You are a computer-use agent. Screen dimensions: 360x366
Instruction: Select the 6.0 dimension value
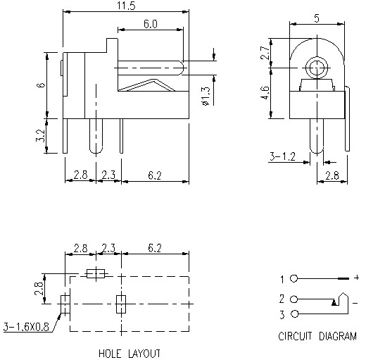click(x=151, y=24)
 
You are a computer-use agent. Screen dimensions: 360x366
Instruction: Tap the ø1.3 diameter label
click(x=204, y=94)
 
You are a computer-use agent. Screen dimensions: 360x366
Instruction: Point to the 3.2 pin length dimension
click(x=41, y=135)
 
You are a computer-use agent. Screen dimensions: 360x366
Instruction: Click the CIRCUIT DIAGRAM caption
click(x=317, y=336)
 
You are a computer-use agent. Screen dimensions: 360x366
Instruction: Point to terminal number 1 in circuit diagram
click(x=282, y=279)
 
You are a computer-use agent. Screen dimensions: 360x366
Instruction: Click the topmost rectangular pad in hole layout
click(x=94, y=273)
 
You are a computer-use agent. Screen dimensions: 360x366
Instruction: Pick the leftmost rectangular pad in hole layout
click(x=65, y=304)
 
